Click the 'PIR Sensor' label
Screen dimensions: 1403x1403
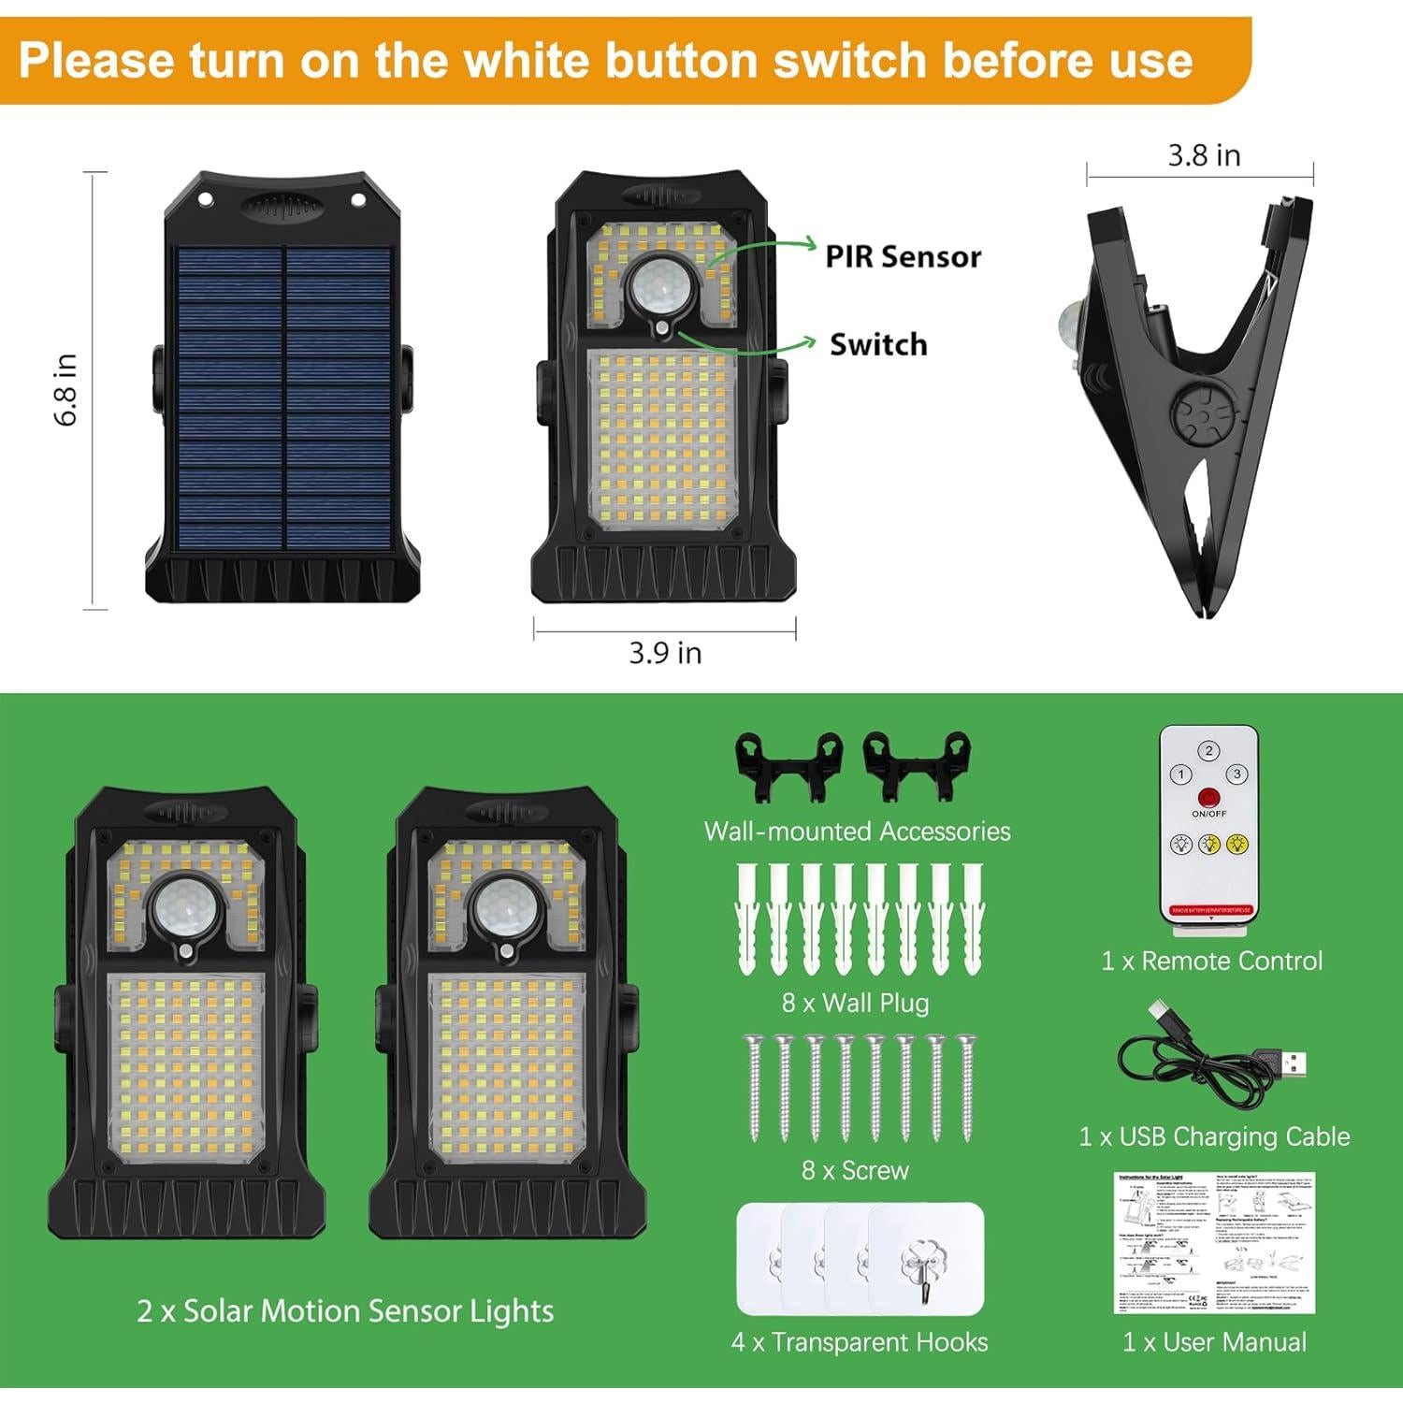click(903, 256)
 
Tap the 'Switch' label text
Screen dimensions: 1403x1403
click(878, 344)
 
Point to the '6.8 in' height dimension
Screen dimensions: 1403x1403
click(65, 390)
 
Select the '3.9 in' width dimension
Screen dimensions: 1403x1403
click(665, 653)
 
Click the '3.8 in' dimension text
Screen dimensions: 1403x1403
click(1204, 155)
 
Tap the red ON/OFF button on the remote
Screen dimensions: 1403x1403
click(1208, 798)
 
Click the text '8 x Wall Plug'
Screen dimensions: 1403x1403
click(856, 1004)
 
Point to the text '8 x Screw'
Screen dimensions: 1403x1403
click(856, 1170)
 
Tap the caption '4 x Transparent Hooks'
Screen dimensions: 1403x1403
click(860, 1342)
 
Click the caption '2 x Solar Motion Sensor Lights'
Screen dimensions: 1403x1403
click(345, 1311)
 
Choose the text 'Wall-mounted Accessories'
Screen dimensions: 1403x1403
click(857, 832)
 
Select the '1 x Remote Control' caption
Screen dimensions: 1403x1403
click(1212, 961)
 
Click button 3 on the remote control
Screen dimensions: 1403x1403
click(1237, 774)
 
